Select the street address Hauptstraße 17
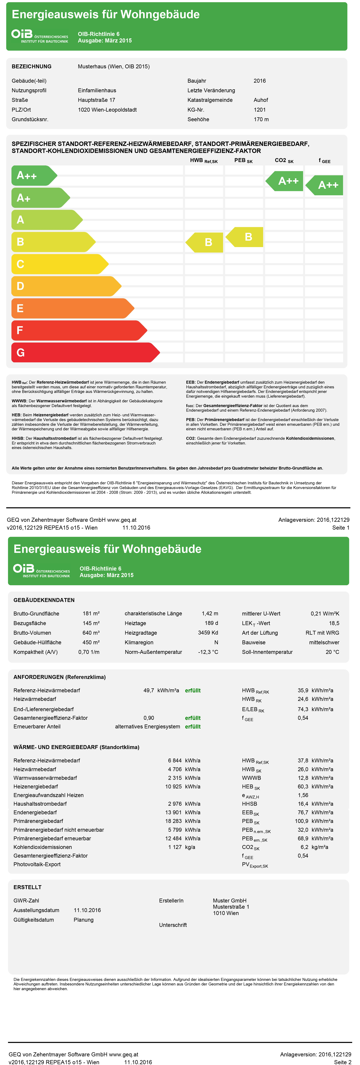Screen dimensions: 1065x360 pyautogui.click(x=96, y=100)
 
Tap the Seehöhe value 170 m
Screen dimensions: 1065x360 pyautogui.click(x=261, y=119)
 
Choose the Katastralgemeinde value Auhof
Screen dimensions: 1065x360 pyautogui.click(x=261, y=100)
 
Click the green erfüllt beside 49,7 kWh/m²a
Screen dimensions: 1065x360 pyautogui.click(x=193, y=690)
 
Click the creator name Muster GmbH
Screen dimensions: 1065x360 pyautogui.click(x=229, y=901)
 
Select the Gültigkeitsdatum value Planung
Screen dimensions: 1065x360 pyautogui.click(x=83, y=920)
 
